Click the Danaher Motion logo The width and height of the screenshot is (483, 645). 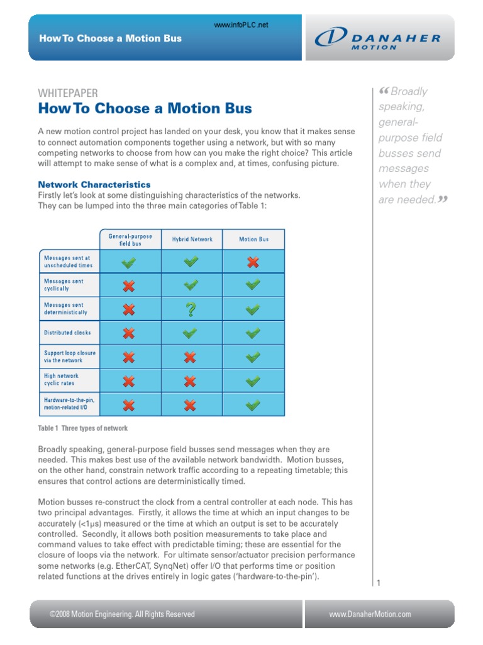[378, 38]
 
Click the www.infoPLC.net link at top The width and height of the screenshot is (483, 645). [241, 25]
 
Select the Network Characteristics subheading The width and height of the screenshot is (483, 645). [94, 185]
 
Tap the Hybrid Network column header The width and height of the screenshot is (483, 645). [192, 239]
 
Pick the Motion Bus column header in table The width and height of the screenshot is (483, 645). [253, 239]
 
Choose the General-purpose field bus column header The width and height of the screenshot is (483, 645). [130, 239]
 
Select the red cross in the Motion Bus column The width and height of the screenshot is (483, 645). [253, 262]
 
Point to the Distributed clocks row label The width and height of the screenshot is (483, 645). [67, 333]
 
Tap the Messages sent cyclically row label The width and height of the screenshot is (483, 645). [64, 285]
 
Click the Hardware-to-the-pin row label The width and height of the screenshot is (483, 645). [70, 404]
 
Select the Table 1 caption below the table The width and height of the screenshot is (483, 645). [83, 428]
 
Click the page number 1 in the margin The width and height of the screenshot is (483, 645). [379, 584]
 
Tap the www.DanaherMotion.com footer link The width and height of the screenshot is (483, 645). [370, 614]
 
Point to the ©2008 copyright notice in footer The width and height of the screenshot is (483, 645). [122, 614]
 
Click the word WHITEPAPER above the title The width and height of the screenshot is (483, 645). [68, 93]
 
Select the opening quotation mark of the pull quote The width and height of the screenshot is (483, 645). [385, 92]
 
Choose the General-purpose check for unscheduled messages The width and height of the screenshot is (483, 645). [129, 262]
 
